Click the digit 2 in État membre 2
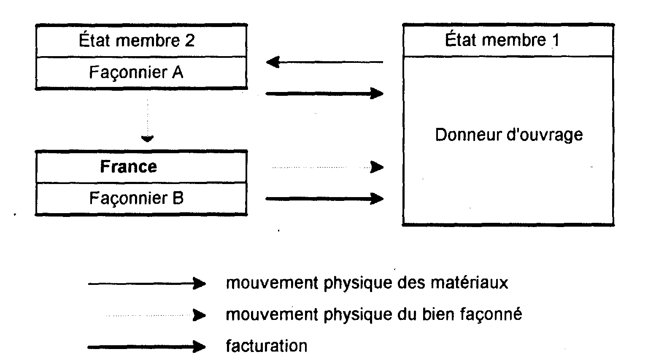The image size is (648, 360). coord(189,41)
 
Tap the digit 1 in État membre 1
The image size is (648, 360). coord(556,40)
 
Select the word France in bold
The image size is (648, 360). coord(128,167)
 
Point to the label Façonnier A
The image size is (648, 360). coord(136,72)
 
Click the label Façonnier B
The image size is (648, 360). coord(136,198)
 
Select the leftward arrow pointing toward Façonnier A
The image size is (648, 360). coord(324,62)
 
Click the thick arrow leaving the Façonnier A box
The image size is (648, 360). coord(324,93)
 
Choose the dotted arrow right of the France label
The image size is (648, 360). coord(328,167)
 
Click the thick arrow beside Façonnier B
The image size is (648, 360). coord(324,199)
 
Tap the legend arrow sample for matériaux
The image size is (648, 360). coord(147,284)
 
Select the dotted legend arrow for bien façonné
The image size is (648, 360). coord(156,315)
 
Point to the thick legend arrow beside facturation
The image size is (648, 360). coord(147,346)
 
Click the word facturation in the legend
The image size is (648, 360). coord(267,346)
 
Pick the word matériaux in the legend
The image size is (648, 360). coord(469,283)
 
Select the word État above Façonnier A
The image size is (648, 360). coord(94,40)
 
